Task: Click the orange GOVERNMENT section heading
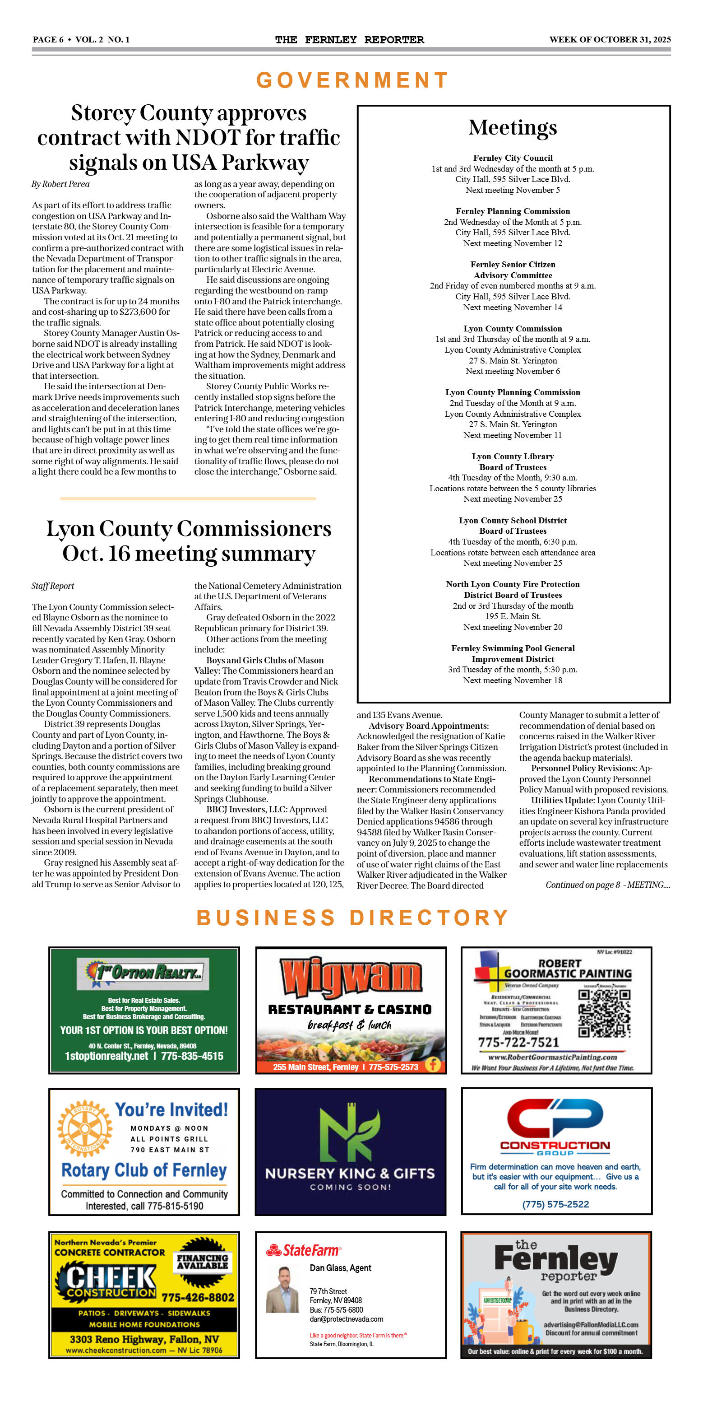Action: pyautogui.click(x=352, y=80)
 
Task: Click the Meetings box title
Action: pyautogui.click(x=513, y=128)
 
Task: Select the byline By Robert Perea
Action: pyautogui.click(x=60, y=184)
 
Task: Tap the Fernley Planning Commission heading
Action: pyautogui.click(x=513, y=211)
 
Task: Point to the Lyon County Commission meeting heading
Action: pyautogui.click(x=513, y=329)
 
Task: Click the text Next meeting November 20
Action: pyautogui.click(x=513, y=627)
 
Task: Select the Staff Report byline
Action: pyautogui.click(x=53, y=586)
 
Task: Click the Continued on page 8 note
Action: pyautogui.click(x=607, y=885)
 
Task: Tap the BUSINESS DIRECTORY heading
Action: pyautogui.click(x=352, y=918)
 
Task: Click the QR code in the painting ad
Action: pyautogui.click(x=604, y=1013)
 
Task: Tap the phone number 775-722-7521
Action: pyautogui.click(x=518, y=1042)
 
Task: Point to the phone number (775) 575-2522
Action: pyautogui.click(x=555, y=1204)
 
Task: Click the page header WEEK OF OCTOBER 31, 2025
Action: pyautogui.click(x=610, y=39)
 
